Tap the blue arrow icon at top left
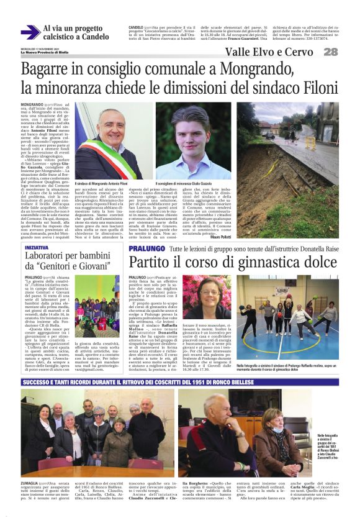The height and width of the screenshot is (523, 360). click(30, 32)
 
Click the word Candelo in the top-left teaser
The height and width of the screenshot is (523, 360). click(91, 37)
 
